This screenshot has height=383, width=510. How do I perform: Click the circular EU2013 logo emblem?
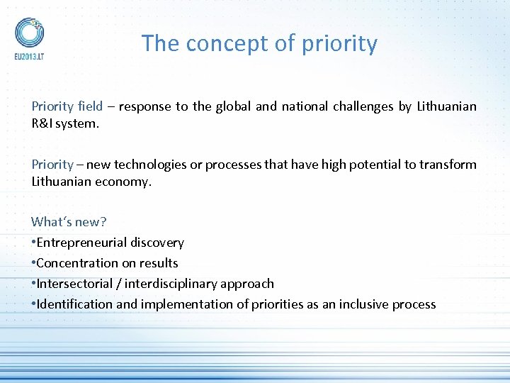(x=29, y=31)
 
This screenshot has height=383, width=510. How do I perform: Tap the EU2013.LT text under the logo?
(x=29, y=55)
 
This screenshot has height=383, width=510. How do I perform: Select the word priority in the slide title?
(x=339, y=44)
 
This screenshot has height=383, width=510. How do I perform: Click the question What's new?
(x=69, y=222)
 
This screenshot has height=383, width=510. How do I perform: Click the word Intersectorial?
(x=77, y=284)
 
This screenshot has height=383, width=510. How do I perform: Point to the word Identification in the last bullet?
(x=74, y=304)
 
